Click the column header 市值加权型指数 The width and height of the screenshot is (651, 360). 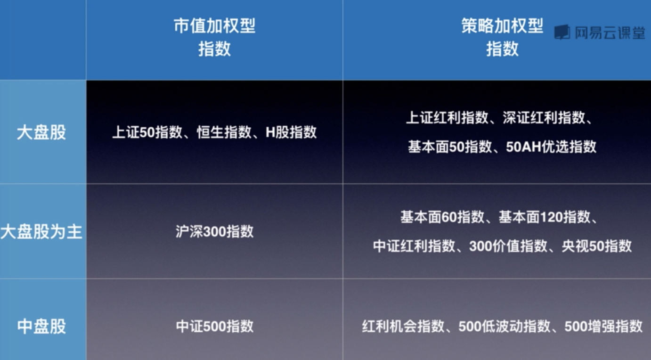(x=214, y=37)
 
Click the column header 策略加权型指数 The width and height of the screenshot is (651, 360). (x=502, y=37)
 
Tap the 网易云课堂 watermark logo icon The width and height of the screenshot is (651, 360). (x=562, y=32)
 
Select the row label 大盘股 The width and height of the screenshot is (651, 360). (x=41, y=132)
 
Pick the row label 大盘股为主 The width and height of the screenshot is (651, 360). (x=41, y=232)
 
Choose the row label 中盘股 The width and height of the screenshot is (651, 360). (x=41, y=326)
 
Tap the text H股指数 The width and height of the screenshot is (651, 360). (x=291, y=132)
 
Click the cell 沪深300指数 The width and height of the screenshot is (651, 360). (x=214, y=232)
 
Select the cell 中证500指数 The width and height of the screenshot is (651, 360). (x=214, y=326)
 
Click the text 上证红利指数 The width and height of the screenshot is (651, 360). (x=447, y=118)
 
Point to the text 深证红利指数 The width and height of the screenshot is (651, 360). (x=544, y=118)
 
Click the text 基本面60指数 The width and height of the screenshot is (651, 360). (x=442, y=217)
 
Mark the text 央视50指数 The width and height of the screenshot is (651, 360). (x=597, y=246)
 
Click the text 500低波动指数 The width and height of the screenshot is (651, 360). (x=505, y=326)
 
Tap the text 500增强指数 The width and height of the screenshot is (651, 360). (x=603, y=326)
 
